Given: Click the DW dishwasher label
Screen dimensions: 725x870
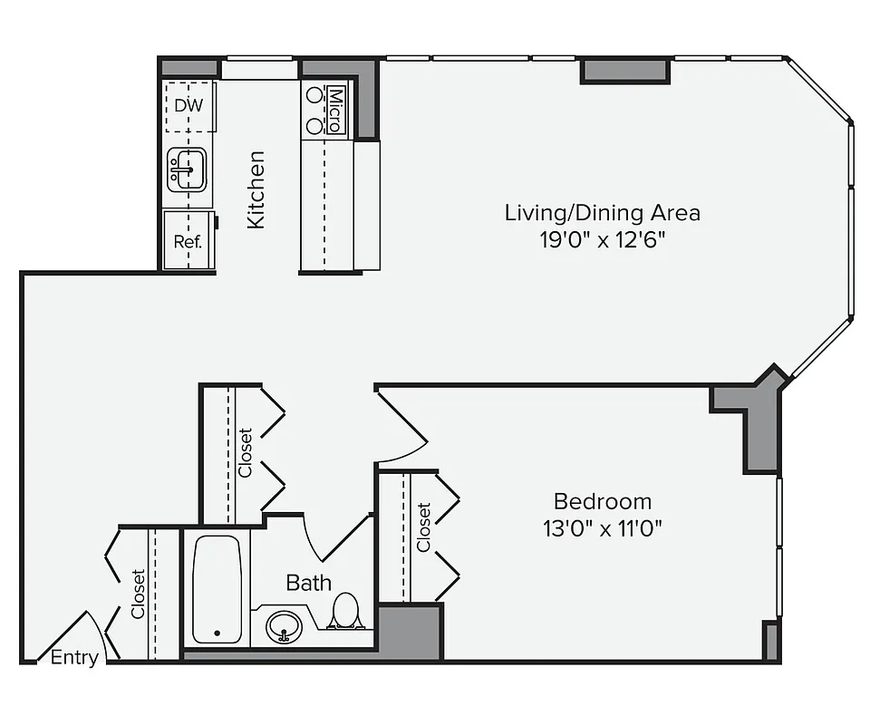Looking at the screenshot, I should pyautogui.click(x=188, y=105).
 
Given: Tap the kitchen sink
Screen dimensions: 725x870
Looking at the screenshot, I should pyautogui.click(x=188, y=169).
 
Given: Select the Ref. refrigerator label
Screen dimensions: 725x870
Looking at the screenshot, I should pyautogui.click(x=188, y=242).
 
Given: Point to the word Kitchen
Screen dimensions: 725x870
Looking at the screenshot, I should pyautogui.click(x=256, y=189).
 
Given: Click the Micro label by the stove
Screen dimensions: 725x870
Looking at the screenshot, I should pyautogui.click(x=335, y=111).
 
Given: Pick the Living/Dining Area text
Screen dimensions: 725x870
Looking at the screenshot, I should pyautogui.click(x=602, y=214).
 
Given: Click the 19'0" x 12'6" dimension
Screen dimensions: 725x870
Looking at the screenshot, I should pyautogui.click(x=602, y=240).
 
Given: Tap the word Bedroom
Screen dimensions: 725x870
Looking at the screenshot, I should pyautogui.click(x=602, y=501).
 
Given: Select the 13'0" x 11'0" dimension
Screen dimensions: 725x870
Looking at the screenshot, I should pyautogui.click(x=602, y=528).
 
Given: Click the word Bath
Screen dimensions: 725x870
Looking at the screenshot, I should pyautogui.click(x=308, y=582).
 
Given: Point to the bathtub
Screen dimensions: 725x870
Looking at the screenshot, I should pyautogui.click(x=217, y=588).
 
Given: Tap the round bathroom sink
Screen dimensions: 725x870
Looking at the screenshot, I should pyautogui.click(x=285, y=625).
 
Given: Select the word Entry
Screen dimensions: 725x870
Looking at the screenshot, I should pyautogui.click(x=73, y=658).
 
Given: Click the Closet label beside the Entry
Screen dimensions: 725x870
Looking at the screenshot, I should pyautogui.click(x=138, y=594).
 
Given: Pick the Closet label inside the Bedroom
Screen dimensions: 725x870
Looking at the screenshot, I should pyautogui.click(x=423, y=527).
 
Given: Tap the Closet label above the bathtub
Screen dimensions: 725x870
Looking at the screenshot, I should pyautogui.click(x=245, y=452).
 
